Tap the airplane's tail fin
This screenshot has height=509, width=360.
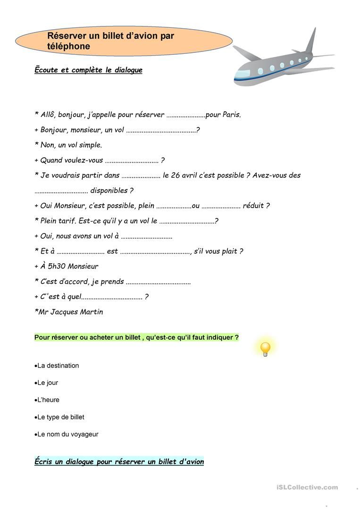pos(311,40)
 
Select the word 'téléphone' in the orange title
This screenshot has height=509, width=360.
pos(68,46)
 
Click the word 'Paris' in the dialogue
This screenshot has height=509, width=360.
pos(231,115)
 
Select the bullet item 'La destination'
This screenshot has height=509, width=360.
pos(58,366)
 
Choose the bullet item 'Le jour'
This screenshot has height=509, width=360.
pos(47,383)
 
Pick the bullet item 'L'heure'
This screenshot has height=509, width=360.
pos(48,400)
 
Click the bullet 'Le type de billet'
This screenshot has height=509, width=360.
pos(60,417)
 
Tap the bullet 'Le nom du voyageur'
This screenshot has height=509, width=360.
pos(67,434)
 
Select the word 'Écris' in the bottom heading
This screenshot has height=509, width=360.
pos(43,461)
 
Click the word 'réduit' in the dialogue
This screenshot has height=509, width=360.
pos(253,206)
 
